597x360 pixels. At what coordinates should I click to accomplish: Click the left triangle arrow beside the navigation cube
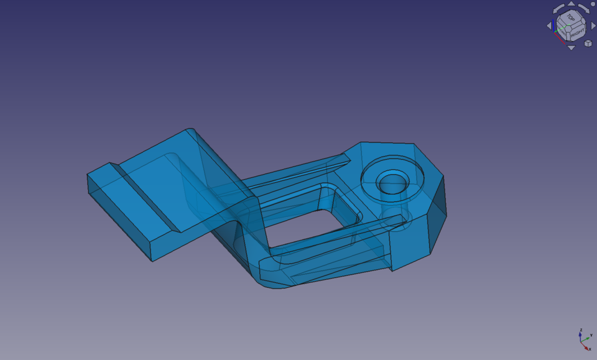[x=549, y=25]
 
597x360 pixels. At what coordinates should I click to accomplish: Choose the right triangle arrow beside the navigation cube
[x=593, y=25]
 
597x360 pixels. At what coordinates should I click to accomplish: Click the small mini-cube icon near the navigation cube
[x=588, y=44]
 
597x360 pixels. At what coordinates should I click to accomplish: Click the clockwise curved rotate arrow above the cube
[x=584, y=8]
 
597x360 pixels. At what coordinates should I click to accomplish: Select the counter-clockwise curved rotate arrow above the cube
[x=558, y=8]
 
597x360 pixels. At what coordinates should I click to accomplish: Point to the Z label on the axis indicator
[x=581, y=330]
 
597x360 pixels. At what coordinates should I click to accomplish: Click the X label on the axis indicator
[x=590, y=349]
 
